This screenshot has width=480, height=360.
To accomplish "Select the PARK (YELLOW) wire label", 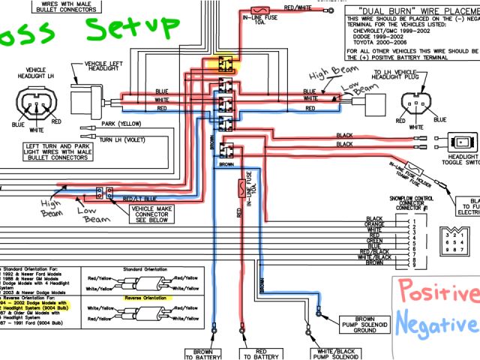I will [118, 124].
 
